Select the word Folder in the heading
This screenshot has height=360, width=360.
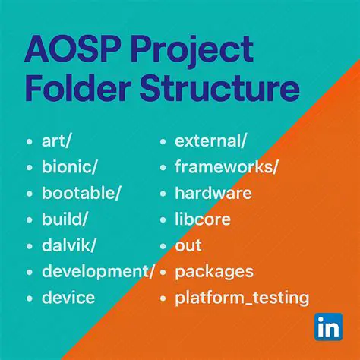pyautogui.click(x=76, y=89)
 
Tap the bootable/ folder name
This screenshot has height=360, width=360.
pyautogui.click(x=81, y=193)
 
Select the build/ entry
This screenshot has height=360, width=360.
pyautogui.click(x=66, y=219)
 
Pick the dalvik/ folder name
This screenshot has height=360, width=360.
pyautogui.click(x=69, y=245)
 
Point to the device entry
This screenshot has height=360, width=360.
pyautogui.click(x=68, y=297)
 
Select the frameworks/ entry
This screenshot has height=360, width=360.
pyautogui.click(x=226, y=167)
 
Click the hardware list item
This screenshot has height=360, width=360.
pyautogui.click(x=213, y=193)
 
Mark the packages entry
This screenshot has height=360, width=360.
pyautogui.click(x=214, y=271)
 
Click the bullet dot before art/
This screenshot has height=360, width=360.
pyautogui.click(x=29, y=142)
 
